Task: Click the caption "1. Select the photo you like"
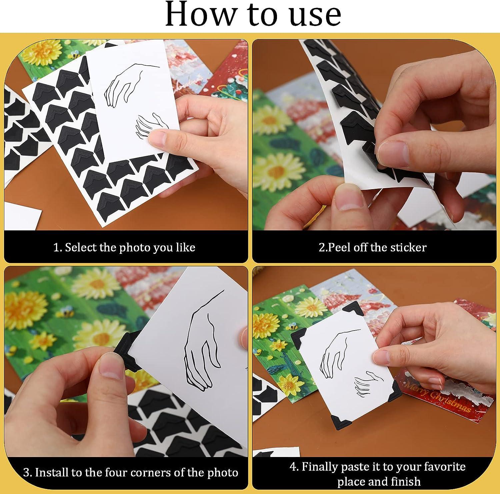[x=124, y=248]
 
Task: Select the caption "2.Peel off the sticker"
[x=372, y=248]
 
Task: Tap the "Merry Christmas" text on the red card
[x=437, y=397]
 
